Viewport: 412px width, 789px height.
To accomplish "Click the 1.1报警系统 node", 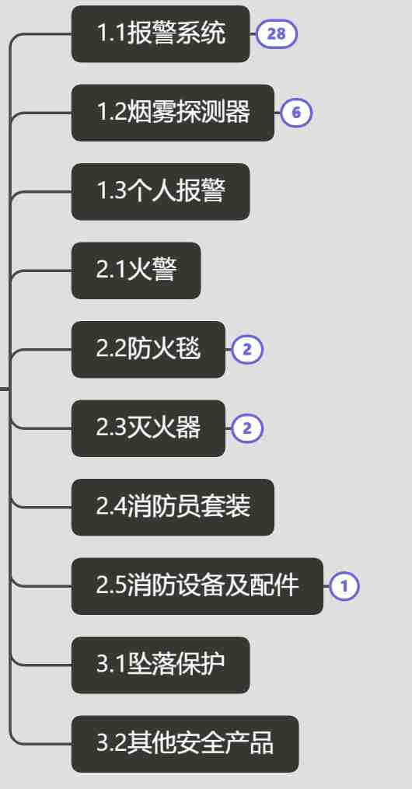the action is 160,34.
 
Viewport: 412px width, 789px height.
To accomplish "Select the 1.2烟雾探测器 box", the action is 173,113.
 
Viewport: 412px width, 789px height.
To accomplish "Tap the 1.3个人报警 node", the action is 160,192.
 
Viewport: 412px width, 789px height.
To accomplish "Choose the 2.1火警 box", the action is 136,271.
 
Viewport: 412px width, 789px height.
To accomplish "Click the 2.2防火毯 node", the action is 148,350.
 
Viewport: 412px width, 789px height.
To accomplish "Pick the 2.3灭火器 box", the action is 148,429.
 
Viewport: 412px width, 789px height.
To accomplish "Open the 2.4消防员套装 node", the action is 173,507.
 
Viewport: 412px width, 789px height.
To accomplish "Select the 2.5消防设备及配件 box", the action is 197,586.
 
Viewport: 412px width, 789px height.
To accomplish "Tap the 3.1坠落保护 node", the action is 160,665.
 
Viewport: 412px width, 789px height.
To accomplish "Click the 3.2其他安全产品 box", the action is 185,744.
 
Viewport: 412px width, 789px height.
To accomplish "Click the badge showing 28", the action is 277,34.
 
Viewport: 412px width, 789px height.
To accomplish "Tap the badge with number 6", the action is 296,113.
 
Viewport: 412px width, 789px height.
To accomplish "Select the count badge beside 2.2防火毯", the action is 247,350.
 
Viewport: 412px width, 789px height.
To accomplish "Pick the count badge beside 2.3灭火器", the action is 247,429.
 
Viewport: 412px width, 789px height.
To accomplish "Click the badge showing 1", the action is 344,586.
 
